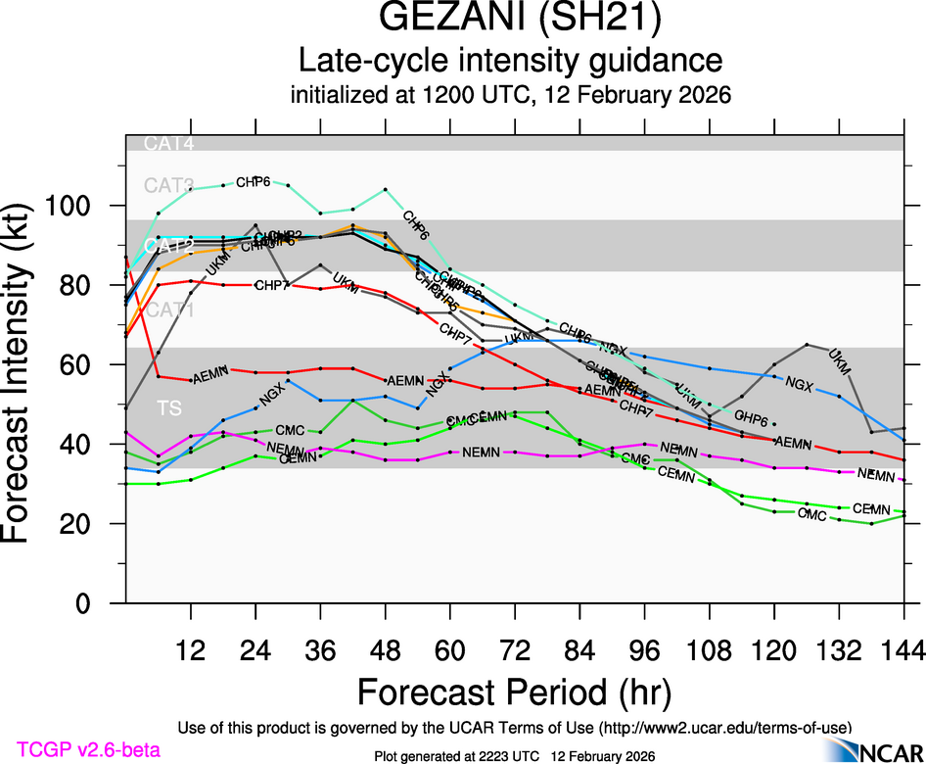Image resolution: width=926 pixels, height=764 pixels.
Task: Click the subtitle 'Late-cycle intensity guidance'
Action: pyautogui.click(x=510, y=61)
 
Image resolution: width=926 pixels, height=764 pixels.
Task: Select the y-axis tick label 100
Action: pyautogui.click(x=74, y=207)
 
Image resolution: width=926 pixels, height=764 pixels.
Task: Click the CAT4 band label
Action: pyautogui.click(x=169, y=144)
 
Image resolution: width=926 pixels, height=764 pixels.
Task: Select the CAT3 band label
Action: pyautogui.click(x=169, y=184)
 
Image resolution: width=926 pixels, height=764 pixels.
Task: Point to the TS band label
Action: pyautogui.click(x=169, y=406)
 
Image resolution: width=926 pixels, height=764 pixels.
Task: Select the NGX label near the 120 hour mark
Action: pyautogui.click(x=800, y=382)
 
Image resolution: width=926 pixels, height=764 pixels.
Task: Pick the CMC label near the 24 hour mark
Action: pyautogui.click(x=290, y=430)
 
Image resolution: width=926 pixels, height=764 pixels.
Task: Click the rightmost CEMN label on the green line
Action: pyautogui.click(x=871, y=509)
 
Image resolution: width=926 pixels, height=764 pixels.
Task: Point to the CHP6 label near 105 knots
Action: pyautogui.click(x=254, y=182)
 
